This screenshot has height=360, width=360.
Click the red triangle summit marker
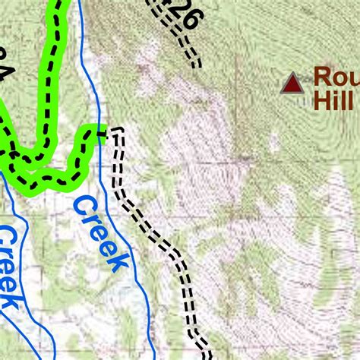tap(292, 84)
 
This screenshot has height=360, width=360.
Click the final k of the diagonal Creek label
tap(117, 261)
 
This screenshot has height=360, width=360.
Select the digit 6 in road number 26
tap(190, 19)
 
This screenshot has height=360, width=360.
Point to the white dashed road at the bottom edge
tap(206, 354)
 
